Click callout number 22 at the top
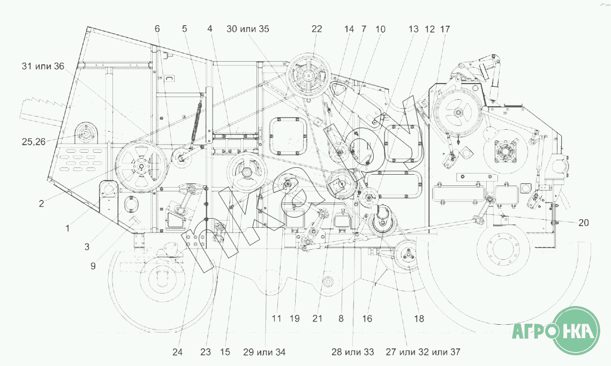pos(317,29)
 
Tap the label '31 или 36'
pos(43,66)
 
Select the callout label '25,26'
pos(34,142)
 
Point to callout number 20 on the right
pos(583,222)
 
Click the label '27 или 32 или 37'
pos(423,352)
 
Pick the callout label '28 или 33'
pos(353,352)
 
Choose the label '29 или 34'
pos(264,352)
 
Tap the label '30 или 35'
pos(248,29)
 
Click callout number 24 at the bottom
pos(177,352)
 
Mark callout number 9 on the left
pos(93,266)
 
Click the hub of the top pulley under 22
pos(308,77)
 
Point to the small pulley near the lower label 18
pos(408,256)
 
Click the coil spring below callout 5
pos(198,119)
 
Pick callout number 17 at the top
pos(444,29)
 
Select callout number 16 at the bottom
pos(367,318)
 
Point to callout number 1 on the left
pos(67,228)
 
